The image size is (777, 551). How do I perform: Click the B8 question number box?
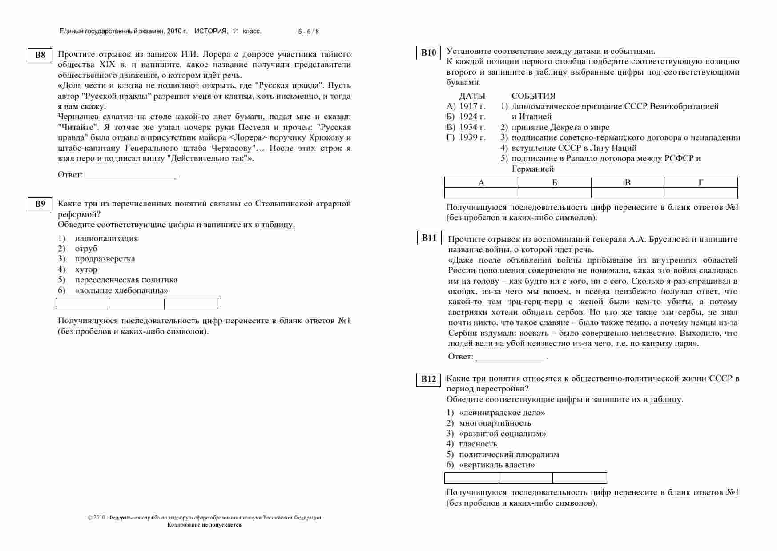click(40, 55)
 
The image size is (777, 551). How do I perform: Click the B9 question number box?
click(40, 204)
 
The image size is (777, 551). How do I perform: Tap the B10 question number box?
click(429, 52)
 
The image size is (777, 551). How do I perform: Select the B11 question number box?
click(429, 238)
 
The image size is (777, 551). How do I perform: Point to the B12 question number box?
click(429, 379)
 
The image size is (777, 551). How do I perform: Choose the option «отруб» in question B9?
click(86, 249)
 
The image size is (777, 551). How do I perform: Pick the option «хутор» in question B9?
click(86, 269)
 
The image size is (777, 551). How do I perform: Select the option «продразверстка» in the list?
click(105, 259)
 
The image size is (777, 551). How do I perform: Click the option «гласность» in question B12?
click(478, 444)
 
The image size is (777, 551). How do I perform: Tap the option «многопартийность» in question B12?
click(495, 423)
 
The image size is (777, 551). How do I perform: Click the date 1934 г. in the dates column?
click(472, 127)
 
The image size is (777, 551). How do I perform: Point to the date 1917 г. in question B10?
click(472, 106)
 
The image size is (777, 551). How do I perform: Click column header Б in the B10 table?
click(554, 182)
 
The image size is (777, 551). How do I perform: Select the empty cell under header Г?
click(701, 193)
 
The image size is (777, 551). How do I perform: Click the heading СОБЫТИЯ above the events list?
click(533, 96)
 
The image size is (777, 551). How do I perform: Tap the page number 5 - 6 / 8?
click(308, 32)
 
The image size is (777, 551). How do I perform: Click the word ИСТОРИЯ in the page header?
click(211, 31)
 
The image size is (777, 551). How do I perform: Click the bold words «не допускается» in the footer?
click(221, 525)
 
